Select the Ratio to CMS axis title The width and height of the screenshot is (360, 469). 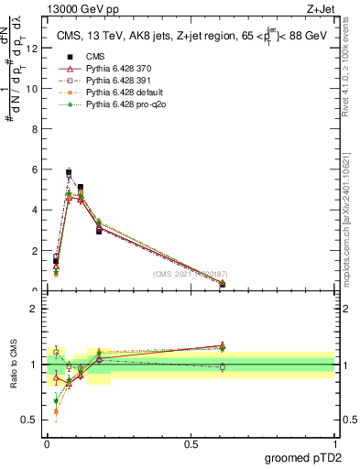pyautogui.click(x=15, y=365)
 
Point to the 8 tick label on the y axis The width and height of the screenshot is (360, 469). pyautogui.click(x=36, y=129)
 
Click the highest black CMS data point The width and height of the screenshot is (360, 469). pyautogui.click(x=69, y=172)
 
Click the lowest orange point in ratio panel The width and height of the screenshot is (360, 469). pyautogui.click(x=56, y=411)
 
